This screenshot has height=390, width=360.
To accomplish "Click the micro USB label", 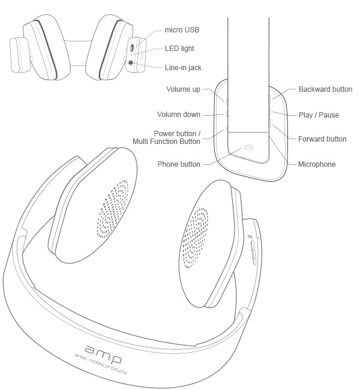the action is pyautogui.click(x=182, y=30).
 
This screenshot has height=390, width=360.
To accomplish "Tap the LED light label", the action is pyautogui.click(x=179, y=49).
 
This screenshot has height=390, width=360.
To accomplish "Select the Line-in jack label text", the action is pyautogui.click(x=183, y=68).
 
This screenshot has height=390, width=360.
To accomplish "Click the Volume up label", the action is pyautogui.click(x=183, y=89).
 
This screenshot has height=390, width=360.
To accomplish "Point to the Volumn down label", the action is pyautogui.click(x=179, y=115).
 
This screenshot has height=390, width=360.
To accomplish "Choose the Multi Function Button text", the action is pyautogui.click(x=166, y=142).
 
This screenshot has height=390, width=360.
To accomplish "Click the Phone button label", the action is pyautogui.click(x=179, y=164).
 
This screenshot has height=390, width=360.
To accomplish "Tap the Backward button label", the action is pyautogui.click(x=325, y=89).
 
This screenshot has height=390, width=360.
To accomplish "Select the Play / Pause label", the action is pyautogui.click(x=319, y=115).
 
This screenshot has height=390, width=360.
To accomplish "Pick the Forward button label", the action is pyautogui.click(x=322, y=139).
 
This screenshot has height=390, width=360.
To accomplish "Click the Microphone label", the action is pyautogui.click(x=317, y=164).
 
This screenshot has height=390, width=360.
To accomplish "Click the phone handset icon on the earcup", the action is pyautogui.click(x=248, y=147).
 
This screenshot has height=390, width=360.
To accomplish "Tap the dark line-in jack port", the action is pyautogui.click(x=130, y=62).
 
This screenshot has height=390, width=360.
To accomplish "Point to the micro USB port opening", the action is pyautogui.click(x=133, y=47).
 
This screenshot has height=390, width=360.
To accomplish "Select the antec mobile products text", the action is pyautogui.click(x=101, y=364).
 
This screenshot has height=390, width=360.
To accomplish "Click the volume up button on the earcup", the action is pyautogui.click(x=227, y=101).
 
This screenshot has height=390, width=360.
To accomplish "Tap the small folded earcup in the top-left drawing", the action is pyautogui.click(x=20, y=55).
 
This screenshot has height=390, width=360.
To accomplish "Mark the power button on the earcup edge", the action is pyautogui.click(x=227, y=129).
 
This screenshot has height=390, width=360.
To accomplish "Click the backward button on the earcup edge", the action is pyautogui.click(x=270, y=99).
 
